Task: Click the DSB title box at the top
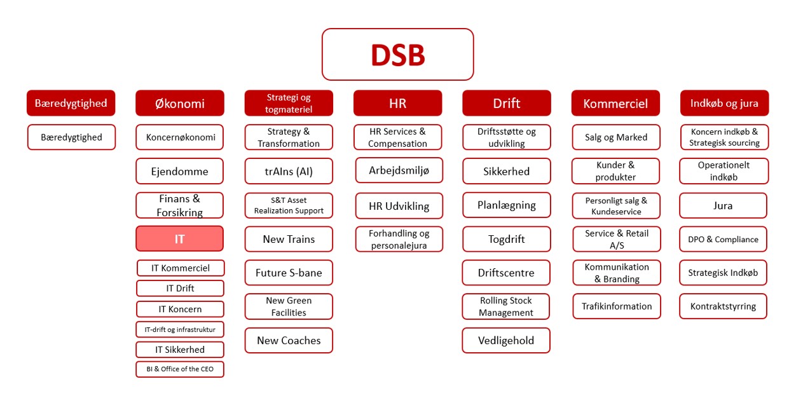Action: click(397, 55)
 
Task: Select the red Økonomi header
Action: click(180, 103)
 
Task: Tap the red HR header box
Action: click(397, 103)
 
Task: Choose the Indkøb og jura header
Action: click(724, 103)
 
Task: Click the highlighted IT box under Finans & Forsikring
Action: click(180, 239)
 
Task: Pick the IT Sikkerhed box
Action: click(180, 350)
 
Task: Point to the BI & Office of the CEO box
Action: click(180, 369)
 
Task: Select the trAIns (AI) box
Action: click(289, 171)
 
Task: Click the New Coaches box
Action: click(289, 340)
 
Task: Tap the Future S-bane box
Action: click(289, 273)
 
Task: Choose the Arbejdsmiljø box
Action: click(399, 170)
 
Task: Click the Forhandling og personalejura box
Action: click(399, 239)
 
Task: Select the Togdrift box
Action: click(506, 239)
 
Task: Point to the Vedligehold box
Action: click(506, 340)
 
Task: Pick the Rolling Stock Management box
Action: click(506, 306)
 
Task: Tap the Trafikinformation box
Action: click(617, 306)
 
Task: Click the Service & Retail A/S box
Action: click(617, 239)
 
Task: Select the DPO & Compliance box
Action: click(723, 239)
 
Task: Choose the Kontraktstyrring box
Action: click(723, 306)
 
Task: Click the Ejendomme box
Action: click(180, 171)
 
